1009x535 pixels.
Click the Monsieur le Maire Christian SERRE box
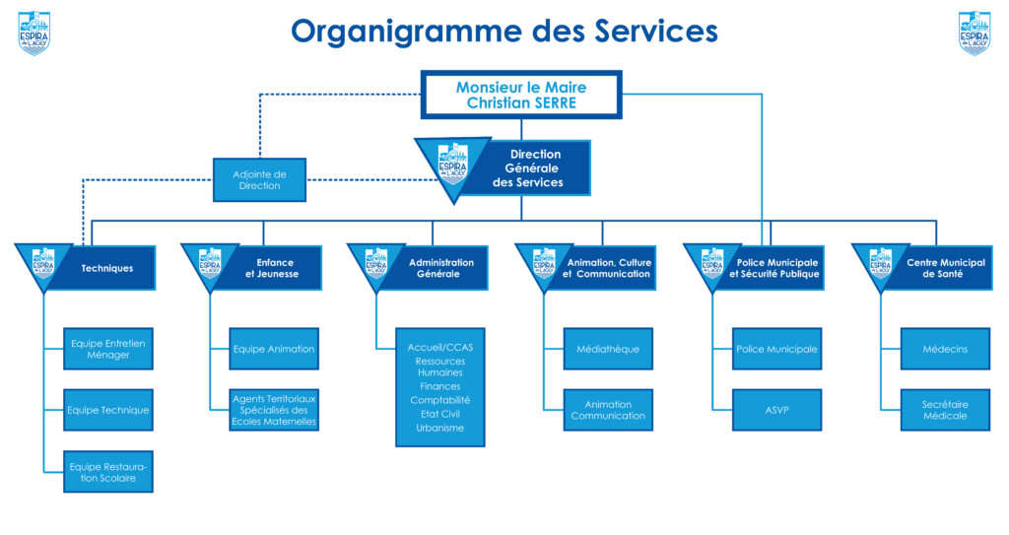coord(521,95)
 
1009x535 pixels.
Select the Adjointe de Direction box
coord(259,179)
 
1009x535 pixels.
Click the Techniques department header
coord(106,268)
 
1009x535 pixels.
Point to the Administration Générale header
coord(440,268)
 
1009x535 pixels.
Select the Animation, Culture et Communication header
coord(608,268)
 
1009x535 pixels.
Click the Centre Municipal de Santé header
coord(934,268)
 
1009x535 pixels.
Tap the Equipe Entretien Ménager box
coord(107,349)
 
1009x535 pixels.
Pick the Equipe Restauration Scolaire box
coord(107,472)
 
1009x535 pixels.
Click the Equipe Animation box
coord(274,349)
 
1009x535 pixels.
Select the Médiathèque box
coord(608,349)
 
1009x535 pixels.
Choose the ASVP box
coord(776,410)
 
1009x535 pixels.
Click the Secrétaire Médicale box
coord(944,410)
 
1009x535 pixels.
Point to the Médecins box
coord(944,349)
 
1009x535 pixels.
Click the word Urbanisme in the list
coord(439,428)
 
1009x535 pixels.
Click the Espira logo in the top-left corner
coord(34,33)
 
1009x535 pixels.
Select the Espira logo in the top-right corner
coord(975,33)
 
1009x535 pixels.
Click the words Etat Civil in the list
coord(439,414)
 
